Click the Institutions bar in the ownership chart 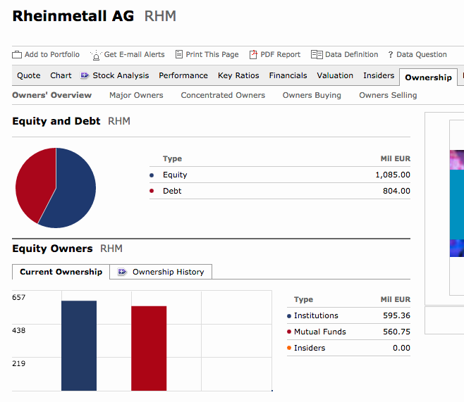click(x=79, y=346)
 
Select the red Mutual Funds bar click(x=149, y=348)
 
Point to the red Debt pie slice click(x=34, y=183)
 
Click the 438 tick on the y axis click(x=18, y=330)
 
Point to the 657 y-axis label click(x=18, y=297)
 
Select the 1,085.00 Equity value click(x=393, y=175)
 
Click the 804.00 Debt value click(x=396, y=191)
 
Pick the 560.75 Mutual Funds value click(x=396, y=332)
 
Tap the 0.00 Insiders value click(x=401, y=348)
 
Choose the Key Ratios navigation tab click(x=238, y=75)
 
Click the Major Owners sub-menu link click(x=136, y=95)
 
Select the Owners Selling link click(x=388, y=95)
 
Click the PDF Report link click(x=275, y=55)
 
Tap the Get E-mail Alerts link click(x=128, y=55)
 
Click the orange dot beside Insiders click(x=289, y=348)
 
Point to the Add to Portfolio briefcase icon click(x=17, y=55)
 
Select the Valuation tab click(x=335, y=75)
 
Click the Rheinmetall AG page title click(x=73, y=16)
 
